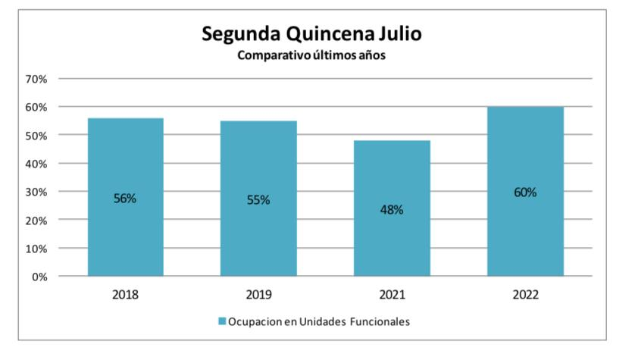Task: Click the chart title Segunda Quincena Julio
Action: click(311, 35)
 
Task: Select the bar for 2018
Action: click(125, 227)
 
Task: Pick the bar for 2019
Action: click(258, 227)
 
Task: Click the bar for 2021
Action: click(392, 243)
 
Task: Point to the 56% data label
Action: click(125, 199)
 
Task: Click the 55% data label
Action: click(258, 200)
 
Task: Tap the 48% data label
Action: click(392, 210)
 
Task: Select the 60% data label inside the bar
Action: click(524, 193)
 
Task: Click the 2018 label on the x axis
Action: click(125, 294)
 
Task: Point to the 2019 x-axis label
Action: click(258, 294)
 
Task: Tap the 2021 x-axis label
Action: click(392, 294)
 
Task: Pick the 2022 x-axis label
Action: click(524, 294)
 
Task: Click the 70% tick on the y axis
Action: click(36, 79)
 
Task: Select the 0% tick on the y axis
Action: click(39, 277)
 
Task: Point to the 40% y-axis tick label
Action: click(36, 164)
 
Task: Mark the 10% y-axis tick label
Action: click(36, 249)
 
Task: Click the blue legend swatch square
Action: click(222, 322)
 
